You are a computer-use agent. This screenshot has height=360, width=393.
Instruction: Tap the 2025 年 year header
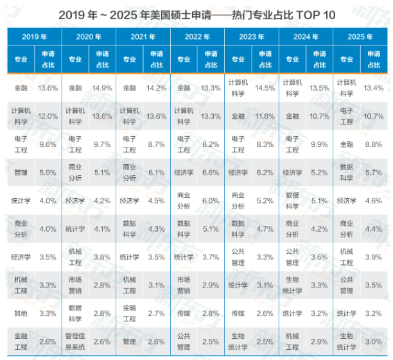[360, 37]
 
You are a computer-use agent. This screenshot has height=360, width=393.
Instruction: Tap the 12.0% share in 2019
[48, 116]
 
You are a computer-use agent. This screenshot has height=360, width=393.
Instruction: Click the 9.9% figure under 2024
[319, 144]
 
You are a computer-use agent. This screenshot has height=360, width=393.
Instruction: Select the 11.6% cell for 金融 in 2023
[265, 116]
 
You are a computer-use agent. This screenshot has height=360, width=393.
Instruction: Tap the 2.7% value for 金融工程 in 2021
[157, 312]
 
